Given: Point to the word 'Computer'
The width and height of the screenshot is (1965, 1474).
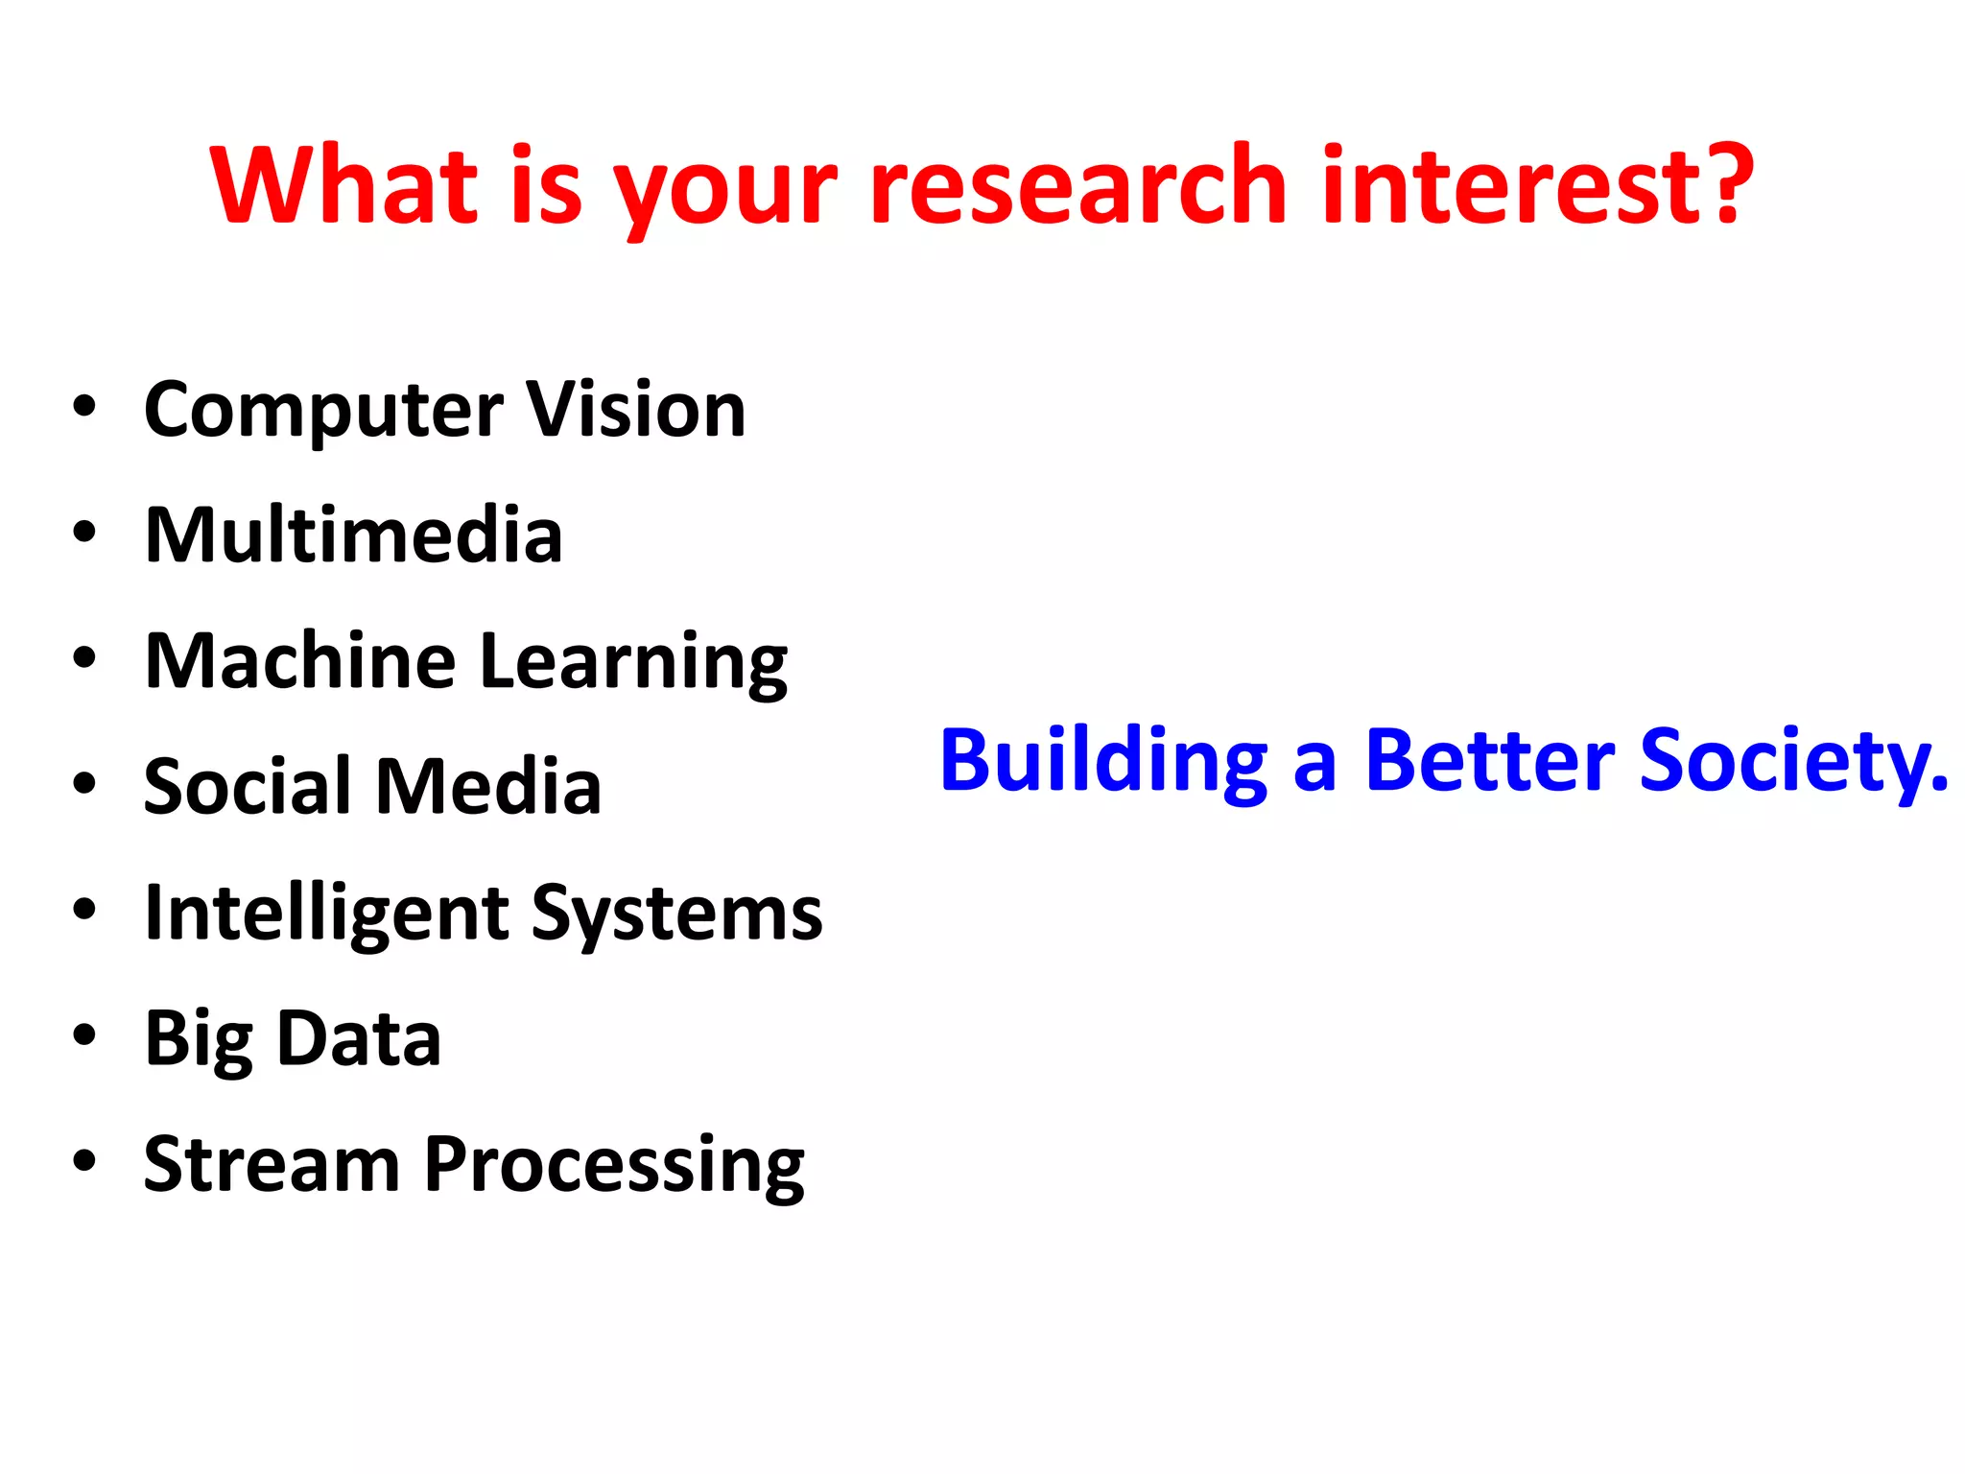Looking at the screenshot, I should (322, 411).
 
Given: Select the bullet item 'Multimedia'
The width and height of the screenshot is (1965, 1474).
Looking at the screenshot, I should (353, 535).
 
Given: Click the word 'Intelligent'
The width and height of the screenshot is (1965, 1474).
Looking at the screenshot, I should (326, 914).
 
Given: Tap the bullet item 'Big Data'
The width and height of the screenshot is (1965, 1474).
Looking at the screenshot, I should (293, 1039).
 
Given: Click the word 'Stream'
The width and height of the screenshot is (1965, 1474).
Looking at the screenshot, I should (272, 1164).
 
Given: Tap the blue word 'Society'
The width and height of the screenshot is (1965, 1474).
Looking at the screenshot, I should (1789, 763).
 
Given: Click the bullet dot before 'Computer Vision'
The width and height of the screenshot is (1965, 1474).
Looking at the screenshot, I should (84, 407).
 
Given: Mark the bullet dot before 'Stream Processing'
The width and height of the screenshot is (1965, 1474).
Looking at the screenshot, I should (84, 1161).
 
